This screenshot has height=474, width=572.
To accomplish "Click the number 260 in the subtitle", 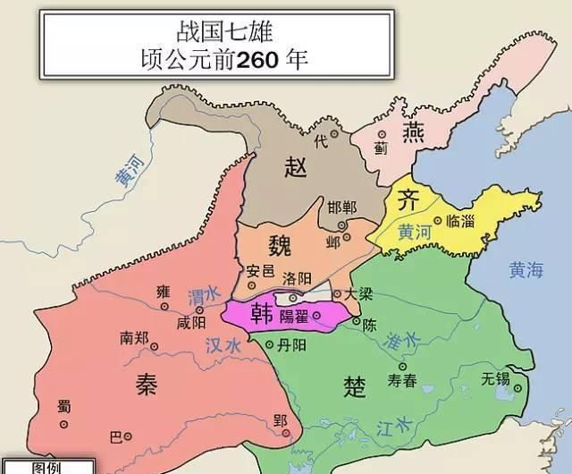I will point(240,62).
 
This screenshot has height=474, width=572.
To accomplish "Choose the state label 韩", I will point(262,313).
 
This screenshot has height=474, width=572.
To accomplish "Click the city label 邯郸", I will point(341,207).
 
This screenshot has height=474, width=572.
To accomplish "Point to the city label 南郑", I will point(136,339).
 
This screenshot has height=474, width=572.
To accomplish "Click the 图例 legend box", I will point(46,467).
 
